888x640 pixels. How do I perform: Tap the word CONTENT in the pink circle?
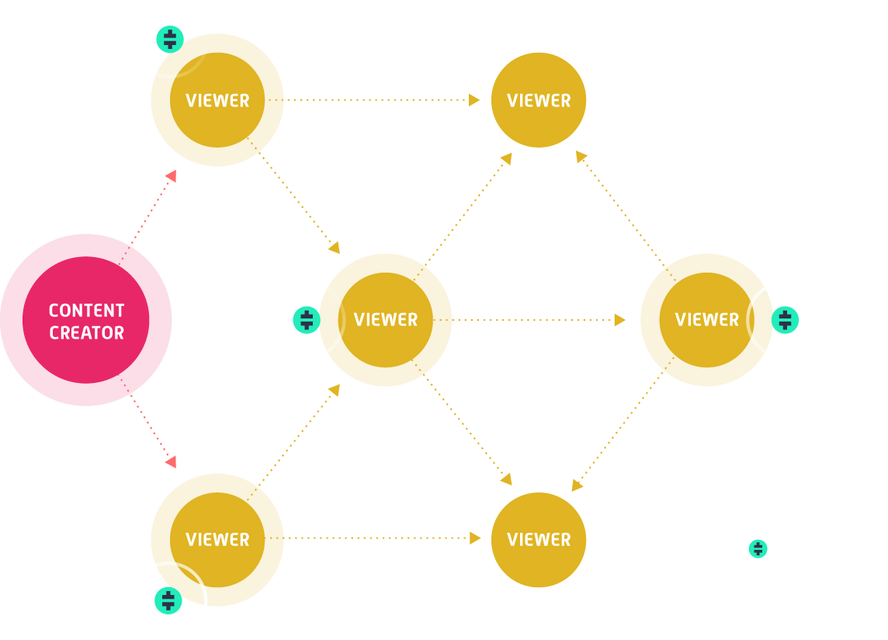coord(86,311)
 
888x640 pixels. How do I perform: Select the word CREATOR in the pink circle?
coord(86,333)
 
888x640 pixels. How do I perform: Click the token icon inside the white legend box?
coord(758,549)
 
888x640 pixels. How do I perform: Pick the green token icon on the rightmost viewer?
coord(785,320)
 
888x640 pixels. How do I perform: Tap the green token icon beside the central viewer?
coord(307,320)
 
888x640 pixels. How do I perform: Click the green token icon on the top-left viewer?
coord(170,39)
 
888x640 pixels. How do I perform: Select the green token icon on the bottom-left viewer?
coord(168,600)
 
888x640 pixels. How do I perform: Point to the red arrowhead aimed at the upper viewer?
coord(171,176)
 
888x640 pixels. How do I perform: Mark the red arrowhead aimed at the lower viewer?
coord(171,461)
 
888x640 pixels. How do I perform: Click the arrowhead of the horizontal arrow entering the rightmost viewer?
coord(619,320)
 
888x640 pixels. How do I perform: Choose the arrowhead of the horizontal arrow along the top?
coord(474,99)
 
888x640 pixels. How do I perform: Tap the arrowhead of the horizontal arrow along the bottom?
coord(475,537)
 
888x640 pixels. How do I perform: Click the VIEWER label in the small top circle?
coord(539,100)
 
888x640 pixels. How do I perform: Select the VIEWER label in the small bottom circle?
coord(539,540)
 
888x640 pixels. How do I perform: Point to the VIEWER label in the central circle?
coord(385,320)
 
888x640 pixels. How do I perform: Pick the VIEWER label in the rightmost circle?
coord(706,320)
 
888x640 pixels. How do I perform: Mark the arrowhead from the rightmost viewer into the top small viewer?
coord(580,156)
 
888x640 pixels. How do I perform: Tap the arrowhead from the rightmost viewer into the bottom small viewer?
coord(577,485)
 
